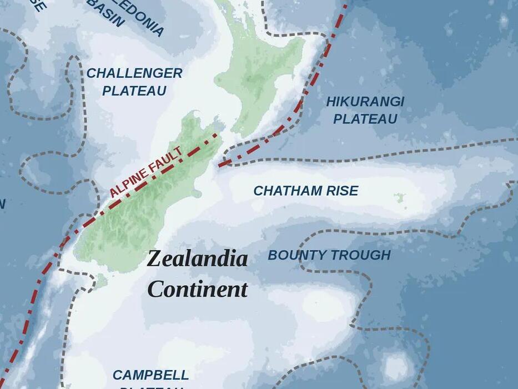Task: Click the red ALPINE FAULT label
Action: pyautogui.click(x=145, y=172)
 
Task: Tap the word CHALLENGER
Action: pyautogui.click(x=134, y=73)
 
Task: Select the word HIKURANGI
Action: pyautogui.click(x=365, y=102)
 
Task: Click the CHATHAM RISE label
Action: pyautogui.click(x=306, y=191)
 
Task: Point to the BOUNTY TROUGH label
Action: pyautogui.click(x=329, y=255)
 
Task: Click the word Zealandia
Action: pyautogui.click(x=197, y=259)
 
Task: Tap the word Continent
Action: pyautogui.click(x=197, y=290)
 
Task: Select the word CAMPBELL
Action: pyautogui.click(x=151, y=375)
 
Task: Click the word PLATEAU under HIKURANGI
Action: pyautogui.click(x=365, y=119)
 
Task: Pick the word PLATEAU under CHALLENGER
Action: pyautogui.click(x=134, y=91)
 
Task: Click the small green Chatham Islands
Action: pyautogui.click(x=399, y=198)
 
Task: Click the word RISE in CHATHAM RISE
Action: pyautogui.click(x=342, y=191)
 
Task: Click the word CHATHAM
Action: pyautogui.click(x=288, y=191)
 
